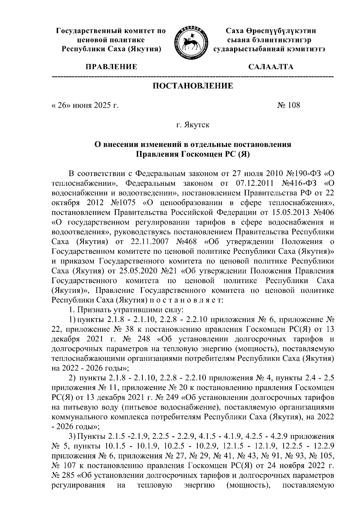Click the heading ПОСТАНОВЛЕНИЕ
click(193, 86)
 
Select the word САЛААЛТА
click(271, 67)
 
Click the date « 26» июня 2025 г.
click(85, 105)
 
